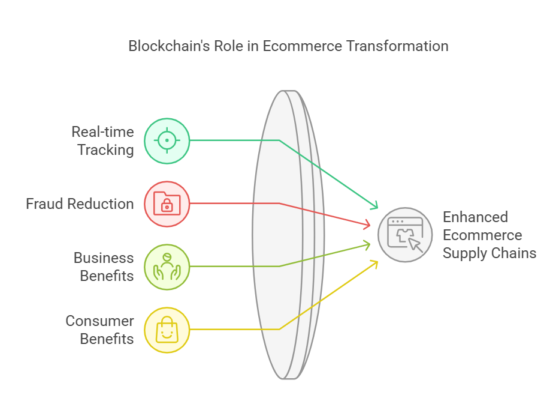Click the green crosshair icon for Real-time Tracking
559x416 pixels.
coord(167,140)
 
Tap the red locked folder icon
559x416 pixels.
coord(167,204)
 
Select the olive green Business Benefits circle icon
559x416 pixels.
coord(167,267)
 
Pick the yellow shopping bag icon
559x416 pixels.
coord(167,330)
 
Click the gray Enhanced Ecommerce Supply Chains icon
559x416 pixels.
coord(405,235)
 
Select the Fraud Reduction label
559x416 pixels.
coord(80,204)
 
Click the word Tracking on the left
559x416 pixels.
coord(105,150)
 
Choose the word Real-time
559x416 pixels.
coord(102,132)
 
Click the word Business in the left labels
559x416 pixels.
coord(104,258)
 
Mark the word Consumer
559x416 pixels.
coord(99,321)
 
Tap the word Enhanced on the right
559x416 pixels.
coord(475,217)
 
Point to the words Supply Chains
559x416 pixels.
coord(489,253)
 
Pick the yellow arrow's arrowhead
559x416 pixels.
coord(375,262)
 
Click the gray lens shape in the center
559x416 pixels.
coord(282,234)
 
